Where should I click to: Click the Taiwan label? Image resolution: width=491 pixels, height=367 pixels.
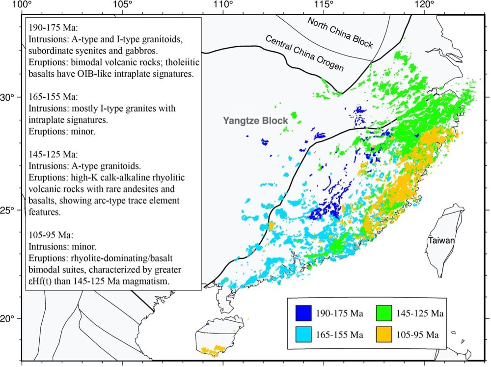440,241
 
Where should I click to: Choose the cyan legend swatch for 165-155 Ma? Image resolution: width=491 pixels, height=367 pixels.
303,335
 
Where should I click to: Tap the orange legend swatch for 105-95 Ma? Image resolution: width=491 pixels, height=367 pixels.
384,335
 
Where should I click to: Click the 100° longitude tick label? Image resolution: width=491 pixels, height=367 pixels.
20,5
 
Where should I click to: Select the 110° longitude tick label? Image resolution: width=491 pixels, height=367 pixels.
223,5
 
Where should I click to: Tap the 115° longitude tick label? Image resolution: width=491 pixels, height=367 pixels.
324,5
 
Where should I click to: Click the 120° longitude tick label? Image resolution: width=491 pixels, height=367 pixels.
425,5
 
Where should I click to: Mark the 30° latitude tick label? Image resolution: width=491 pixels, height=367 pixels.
8,97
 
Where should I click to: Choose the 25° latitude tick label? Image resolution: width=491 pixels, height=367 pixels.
8,210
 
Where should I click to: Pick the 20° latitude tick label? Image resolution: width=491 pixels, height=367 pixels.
8,318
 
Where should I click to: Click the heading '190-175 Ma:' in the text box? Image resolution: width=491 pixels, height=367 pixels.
50,27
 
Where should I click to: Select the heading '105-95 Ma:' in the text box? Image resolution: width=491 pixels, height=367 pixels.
48,234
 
